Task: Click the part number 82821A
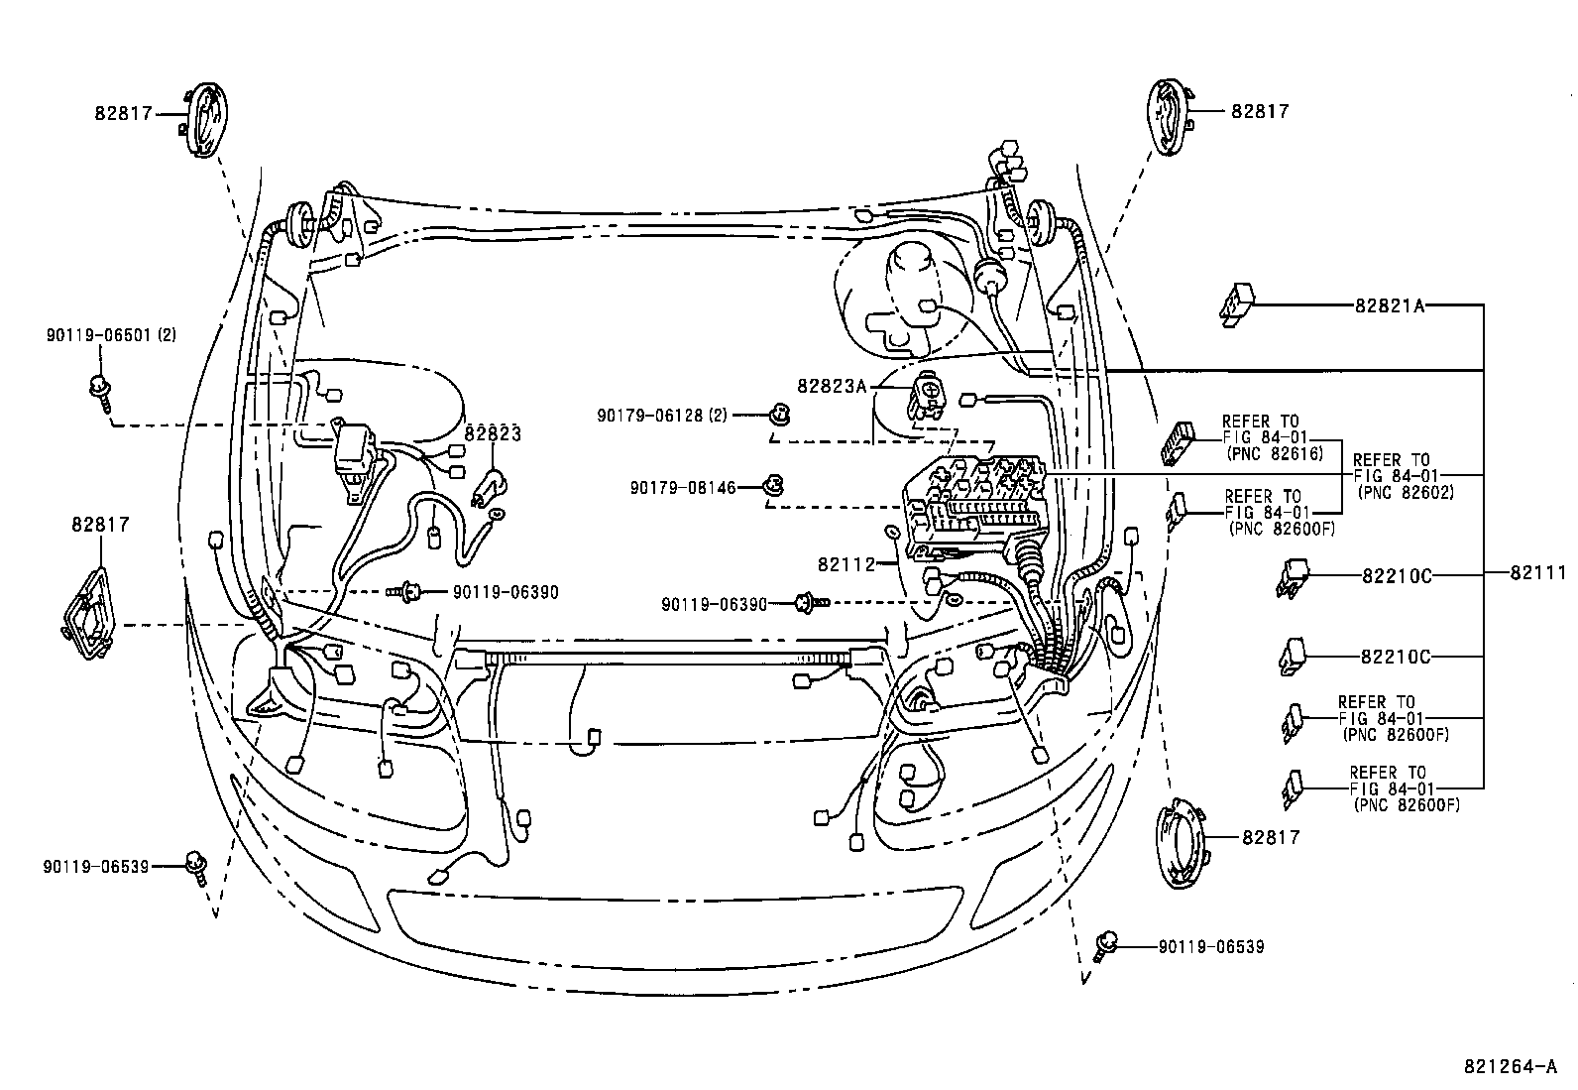coord(1390,306)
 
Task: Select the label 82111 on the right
coord(1539,573)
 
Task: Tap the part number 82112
coord(846,564)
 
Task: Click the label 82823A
coord(833,385)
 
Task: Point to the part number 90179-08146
coord(684,487)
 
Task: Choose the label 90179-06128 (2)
coord(662,416)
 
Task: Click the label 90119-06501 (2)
coord(111,336)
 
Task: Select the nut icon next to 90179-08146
coord(772,486)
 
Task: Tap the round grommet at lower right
coord(1185,842)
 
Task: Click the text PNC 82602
coord(1406,492)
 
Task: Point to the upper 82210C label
coord(1397,574)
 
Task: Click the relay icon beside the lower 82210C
coord(1293,656)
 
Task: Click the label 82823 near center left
coord(493,433)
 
